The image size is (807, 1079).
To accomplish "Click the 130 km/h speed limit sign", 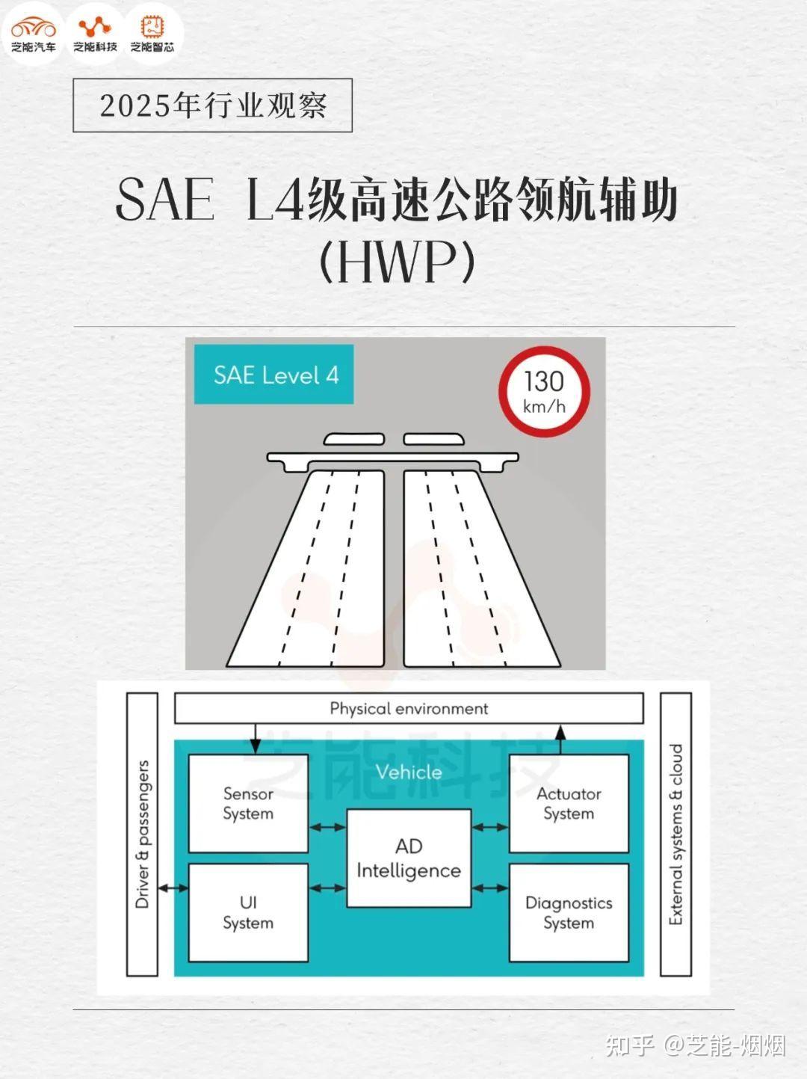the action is (544, 392).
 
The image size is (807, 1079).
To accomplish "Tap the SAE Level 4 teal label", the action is (274, 374).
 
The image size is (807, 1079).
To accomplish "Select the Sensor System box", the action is (248, 803).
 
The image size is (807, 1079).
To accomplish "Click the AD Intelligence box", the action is (409, 858).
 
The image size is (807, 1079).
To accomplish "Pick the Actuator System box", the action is (569, 803).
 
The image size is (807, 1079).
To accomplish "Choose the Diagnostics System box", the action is (569, 912).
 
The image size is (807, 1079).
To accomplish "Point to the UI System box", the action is (248, 912).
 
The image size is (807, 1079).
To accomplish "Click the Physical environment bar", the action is (409, 708).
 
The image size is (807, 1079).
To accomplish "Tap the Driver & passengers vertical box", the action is (142, 834).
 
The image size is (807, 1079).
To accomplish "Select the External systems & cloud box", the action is (675, 834).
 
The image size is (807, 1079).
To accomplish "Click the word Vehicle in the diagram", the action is (409, 772).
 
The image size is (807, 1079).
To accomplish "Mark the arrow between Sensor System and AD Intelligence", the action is (327, 827).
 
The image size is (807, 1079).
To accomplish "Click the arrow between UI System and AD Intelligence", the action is (327, 888).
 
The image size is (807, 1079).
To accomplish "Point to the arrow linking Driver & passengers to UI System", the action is (173, 888).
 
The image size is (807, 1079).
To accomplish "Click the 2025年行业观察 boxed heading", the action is (213, 105).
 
